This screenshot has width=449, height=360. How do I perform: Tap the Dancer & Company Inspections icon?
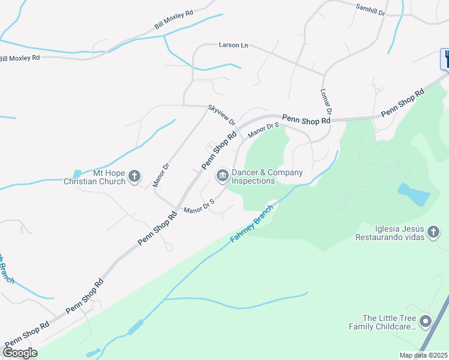[x=221, y=176]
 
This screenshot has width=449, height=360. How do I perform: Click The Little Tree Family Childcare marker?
[x=426, y=322]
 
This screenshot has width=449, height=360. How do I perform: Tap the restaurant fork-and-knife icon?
[x=447, y=58]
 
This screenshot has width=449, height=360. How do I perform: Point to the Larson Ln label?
[x=234, y=45]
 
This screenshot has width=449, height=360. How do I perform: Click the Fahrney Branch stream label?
[x=252, y=223]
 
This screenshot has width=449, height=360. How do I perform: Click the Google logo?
[x=20, y=353]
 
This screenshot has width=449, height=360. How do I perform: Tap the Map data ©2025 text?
[x=423, y=355]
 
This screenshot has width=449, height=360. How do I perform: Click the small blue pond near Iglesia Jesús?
[x=414, y=194]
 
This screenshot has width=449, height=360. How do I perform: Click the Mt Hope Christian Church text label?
[x=95, y=176]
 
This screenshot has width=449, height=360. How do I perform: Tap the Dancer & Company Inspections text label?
[x=267, y=176]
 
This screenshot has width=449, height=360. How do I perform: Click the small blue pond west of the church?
[x=76, y=174]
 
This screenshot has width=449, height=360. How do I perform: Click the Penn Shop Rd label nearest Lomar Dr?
[x=306, y=119]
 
